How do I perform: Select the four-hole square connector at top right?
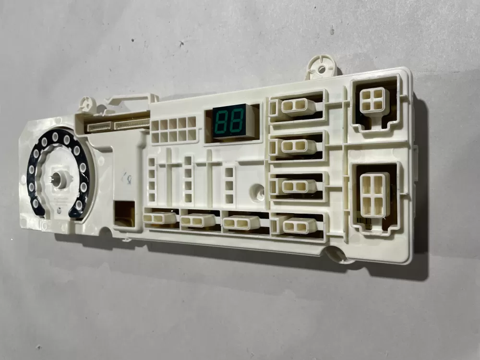click(x=372, y=100)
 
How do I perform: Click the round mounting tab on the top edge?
click(x=319, y=68)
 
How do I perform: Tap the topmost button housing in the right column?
click(x=297, y=107)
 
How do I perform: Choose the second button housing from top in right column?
click(x=298, y=146)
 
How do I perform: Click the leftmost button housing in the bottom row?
click(x=160, y=218)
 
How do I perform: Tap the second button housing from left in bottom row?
click(x=198, y=220)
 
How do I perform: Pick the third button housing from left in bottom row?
click(x=241, y=222)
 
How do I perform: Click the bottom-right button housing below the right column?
click(x=299, y=225)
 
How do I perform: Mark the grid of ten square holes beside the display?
click(x=174, y=130)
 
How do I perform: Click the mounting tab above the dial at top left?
click(x=86, y=103)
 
